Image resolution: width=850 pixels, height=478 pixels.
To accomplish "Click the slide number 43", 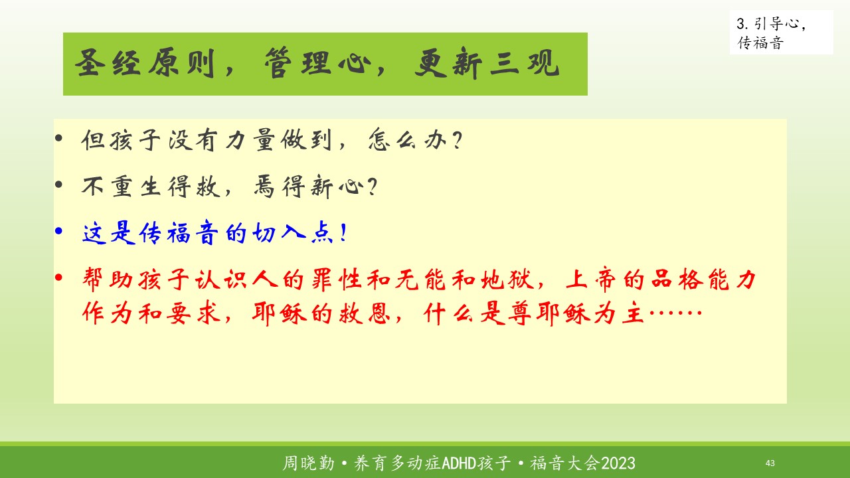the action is click(770, 463).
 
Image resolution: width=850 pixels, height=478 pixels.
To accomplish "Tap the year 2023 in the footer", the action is click(618, 463).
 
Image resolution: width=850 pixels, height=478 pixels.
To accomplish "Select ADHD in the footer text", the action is click(459, 463).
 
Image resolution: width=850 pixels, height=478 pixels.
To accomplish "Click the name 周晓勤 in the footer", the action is click(309, 463).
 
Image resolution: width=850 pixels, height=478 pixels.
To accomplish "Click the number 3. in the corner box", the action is click(742, 24).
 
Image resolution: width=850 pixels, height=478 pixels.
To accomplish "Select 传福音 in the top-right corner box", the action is click(760, 43).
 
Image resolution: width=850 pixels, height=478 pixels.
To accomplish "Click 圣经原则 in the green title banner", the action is click(145, 63).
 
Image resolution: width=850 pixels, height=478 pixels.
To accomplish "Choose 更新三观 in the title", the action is click(487, 63).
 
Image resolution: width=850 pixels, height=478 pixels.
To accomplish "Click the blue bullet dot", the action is click(58, 230).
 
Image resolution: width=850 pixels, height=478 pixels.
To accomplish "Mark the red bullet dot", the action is click(58, 278).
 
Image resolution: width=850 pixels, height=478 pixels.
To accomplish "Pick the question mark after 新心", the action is click(373, 187).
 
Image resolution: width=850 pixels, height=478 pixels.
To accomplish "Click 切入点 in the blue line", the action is click(293, 232).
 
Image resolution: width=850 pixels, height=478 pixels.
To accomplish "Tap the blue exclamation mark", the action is click(343, 232).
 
